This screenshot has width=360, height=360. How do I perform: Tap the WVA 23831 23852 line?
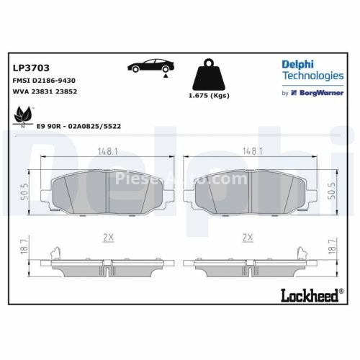pyautogui.click(x=45, y=91)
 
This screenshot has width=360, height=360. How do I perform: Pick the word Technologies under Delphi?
pyautogui.click(x=312, y=76)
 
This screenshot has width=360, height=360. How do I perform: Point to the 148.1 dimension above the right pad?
pyautogui.click(x=251, y=151)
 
